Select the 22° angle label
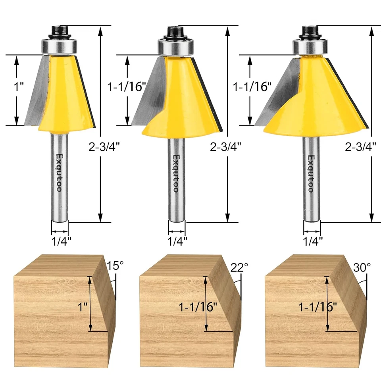[239, 267]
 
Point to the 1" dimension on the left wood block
[81, 307]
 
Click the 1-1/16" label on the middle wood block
[198, 307]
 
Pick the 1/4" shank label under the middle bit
[177, 240]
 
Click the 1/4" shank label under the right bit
[313, 240]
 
